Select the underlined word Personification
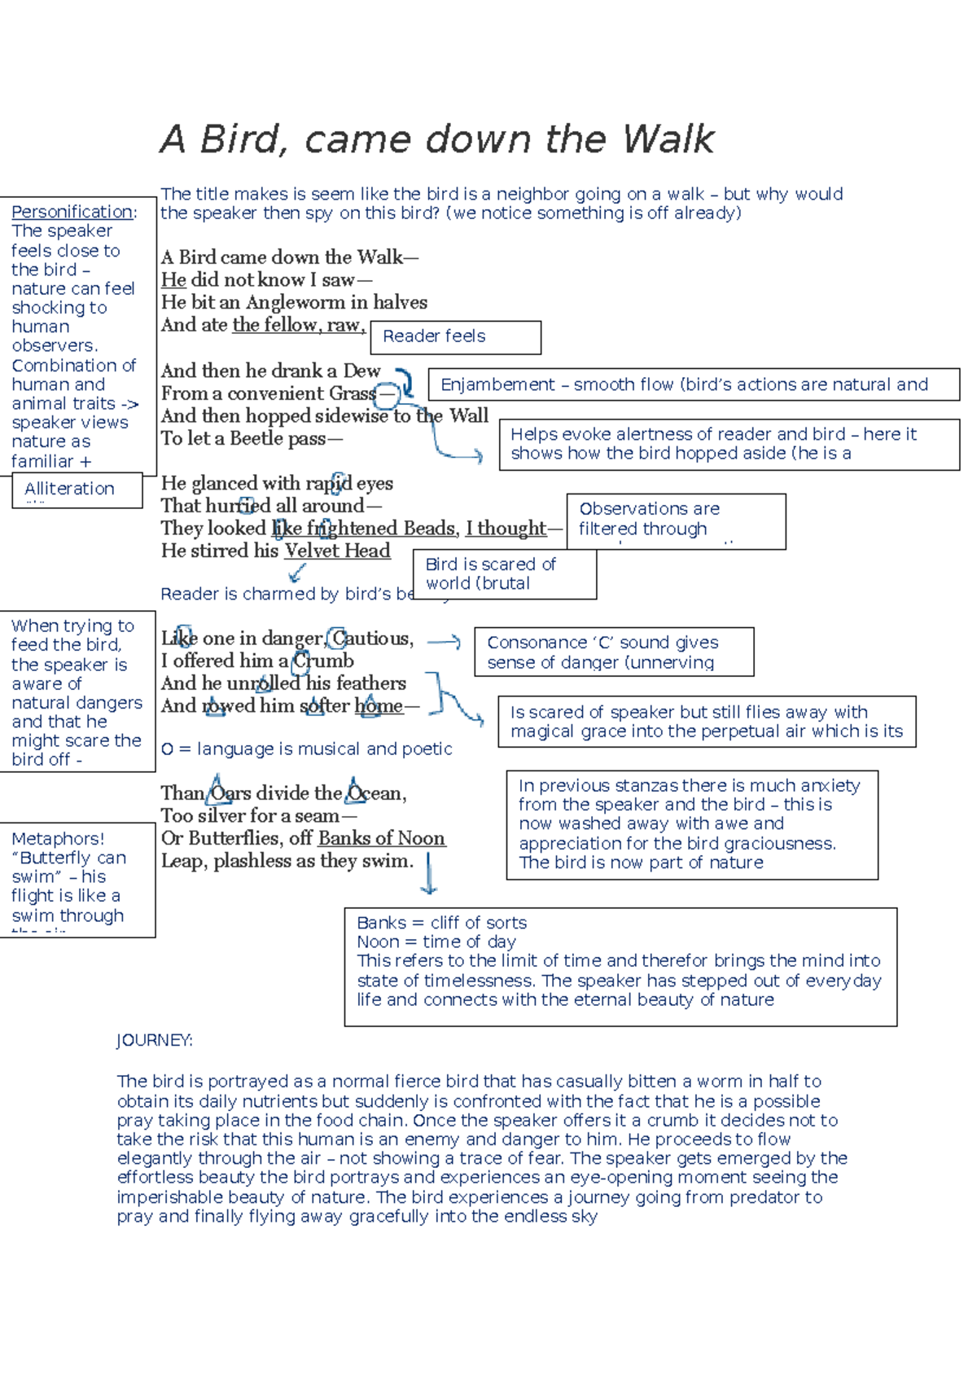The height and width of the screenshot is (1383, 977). pyautogui.click(x=72, y=212)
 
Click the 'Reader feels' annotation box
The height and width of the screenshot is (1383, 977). pyautogui.click(x=455, y=336)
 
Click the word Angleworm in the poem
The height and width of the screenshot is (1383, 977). pyautogui.click(x=301, y=302)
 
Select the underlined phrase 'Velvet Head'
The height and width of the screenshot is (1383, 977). pyautogui.click(x=337, y=551)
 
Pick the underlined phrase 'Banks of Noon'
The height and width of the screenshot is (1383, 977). pyautogui.click(x=382, y=838)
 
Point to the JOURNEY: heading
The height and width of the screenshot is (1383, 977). pyautogui.click(x=155, y=1040)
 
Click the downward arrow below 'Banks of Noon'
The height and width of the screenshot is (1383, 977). pyautogui.click(x=429, y=875)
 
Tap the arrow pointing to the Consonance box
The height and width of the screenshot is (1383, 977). pyautogui.click(x=445, y=642)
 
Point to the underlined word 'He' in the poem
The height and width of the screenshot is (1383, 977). pyautogui.click(x=173, y=280)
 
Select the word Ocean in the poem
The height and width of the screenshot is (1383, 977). pyautogui.click(x=375, y=793)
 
